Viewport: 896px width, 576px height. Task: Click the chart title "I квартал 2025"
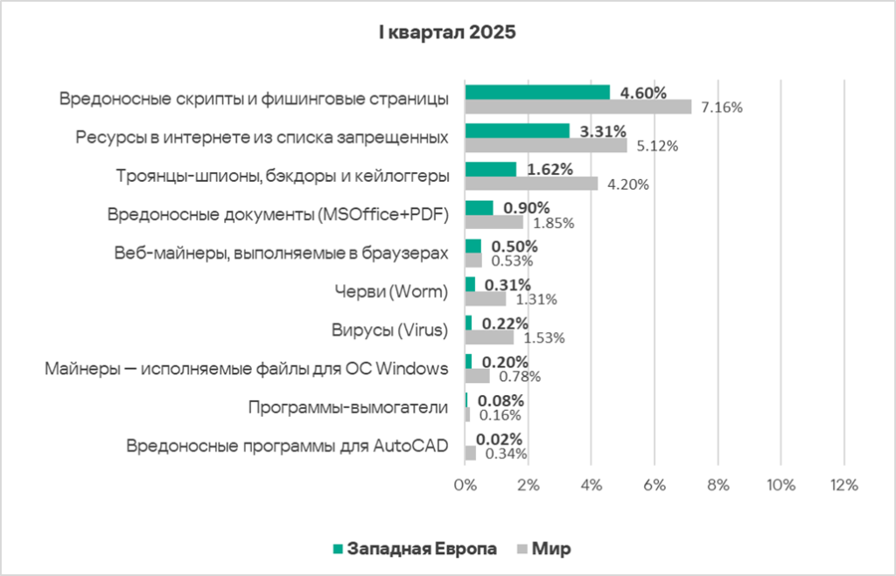(447, 33)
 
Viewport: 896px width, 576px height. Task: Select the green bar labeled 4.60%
(537, 93)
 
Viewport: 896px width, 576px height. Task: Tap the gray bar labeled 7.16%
(577, 107)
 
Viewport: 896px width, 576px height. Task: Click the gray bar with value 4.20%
(531, 184)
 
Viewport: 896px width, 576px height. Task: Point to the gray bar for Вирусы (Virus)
(489, 337)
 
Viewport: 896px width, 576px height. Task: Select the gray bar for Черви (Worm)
(486, 299)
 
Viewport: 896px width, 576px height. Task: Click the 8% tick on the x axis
(717, 485)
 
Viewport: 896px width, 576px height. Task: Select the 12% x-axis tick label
(843, 485)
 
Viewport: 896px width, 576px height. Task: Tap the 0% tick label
(465, 485)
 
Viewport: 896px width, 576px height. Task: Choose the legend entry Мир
(551, 549)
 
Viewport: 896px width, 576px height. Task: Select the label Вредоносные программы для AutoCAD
(287, 446)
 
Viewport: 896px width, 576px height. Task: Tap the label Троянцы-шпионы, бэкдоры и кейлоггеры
(283, 176)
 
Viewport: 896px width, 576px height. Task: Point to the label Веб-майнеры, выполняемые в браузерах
(282, 253)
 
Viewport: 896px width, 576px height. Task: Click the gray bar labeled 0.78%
(478, 376)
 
